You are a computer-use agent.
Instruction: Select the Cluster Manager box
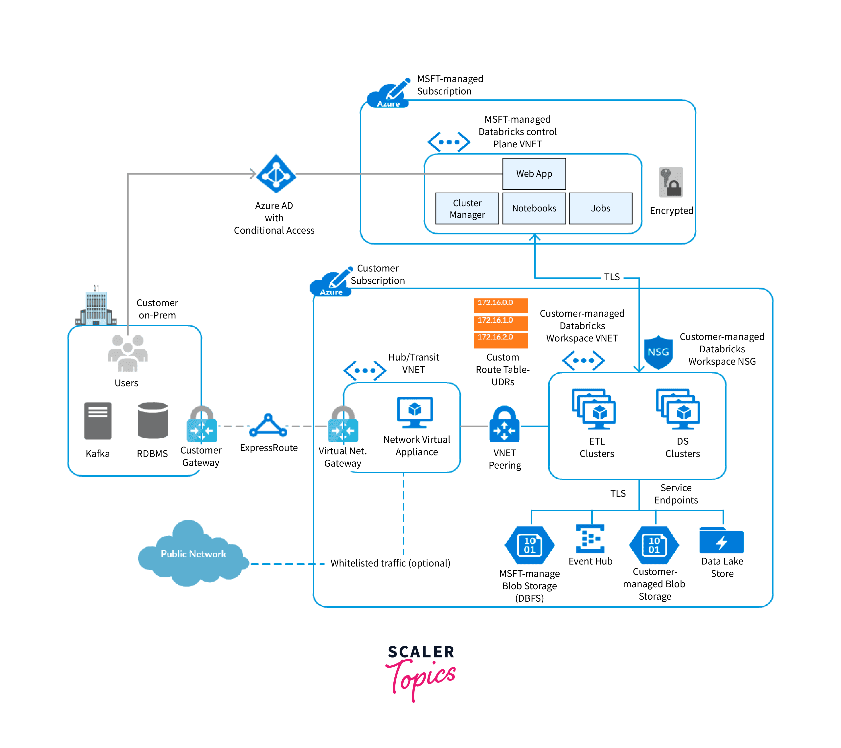tap(467, 209)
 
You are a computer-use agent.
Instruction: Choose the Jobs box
tap(600, 209)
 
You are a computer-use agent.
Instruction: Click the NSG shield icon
tap(658, 352)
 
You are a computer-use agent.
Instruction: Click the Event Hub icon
tap(590, 538)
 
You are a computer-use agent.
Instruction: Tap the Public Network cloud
tap(193, 554)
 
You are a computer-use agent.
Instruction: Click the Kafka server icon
tap(98, 421)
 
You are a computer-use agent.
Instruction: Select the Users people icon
tap(128, 353)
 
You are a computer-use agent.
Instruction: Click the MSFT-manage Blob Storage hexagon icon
tap(529, 545)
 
